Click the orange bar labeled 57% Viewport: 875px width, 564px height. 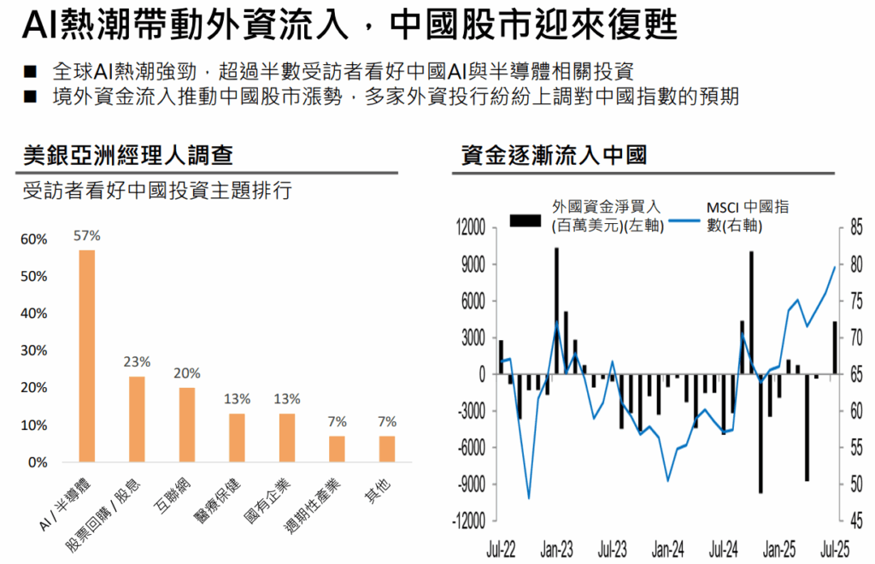(86, 355)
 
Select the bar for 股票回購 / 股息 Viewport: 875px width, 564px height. (137, 419)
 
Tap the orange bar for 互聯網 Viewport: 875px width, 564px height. (186, 425)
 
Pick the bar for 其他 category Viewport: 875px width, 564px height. (387, 449)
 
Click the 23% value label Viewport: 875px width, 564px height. (137, 361)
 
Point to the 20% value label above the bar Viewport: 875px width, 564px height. (186, 373)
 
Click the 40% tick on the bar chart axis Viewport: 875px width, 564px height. (34, 314)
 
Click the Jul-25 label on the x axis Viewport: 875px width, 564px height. (835, 548)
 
